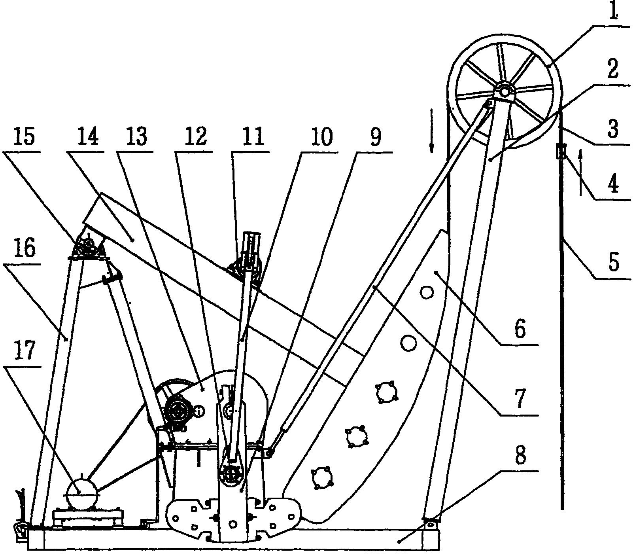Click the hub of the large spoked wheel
click(x=505, y=91)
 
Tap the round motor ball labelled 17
click(x=81, y=492)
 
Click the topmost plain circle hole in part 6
click(x=427, y=293)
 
